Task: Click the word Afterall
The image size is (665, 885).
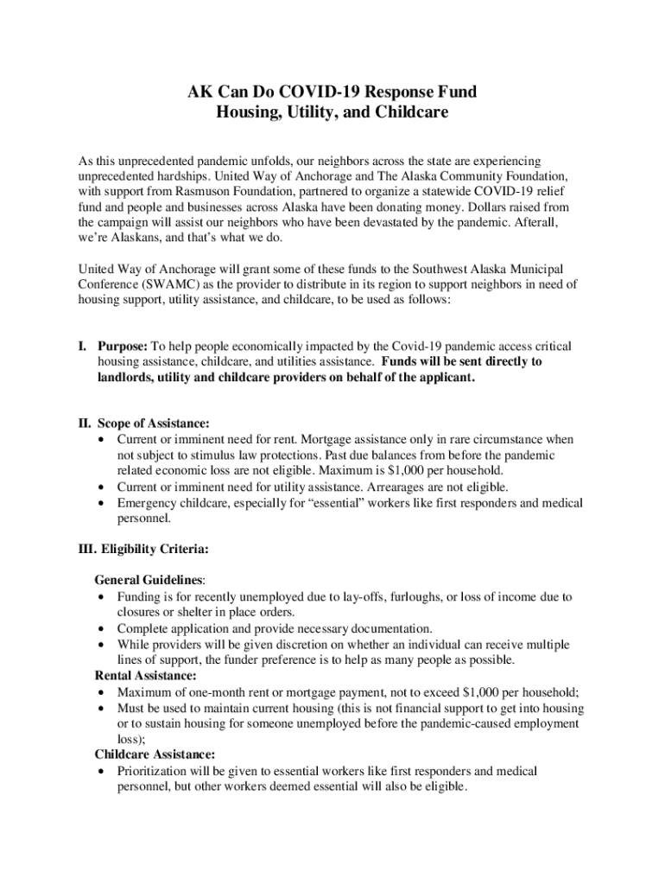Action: coord(532,223)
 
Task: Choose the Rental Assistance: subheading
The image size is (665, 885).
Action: coord(145,675)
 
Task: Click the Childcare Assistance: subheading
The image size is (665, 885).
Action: coord(155,754)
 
